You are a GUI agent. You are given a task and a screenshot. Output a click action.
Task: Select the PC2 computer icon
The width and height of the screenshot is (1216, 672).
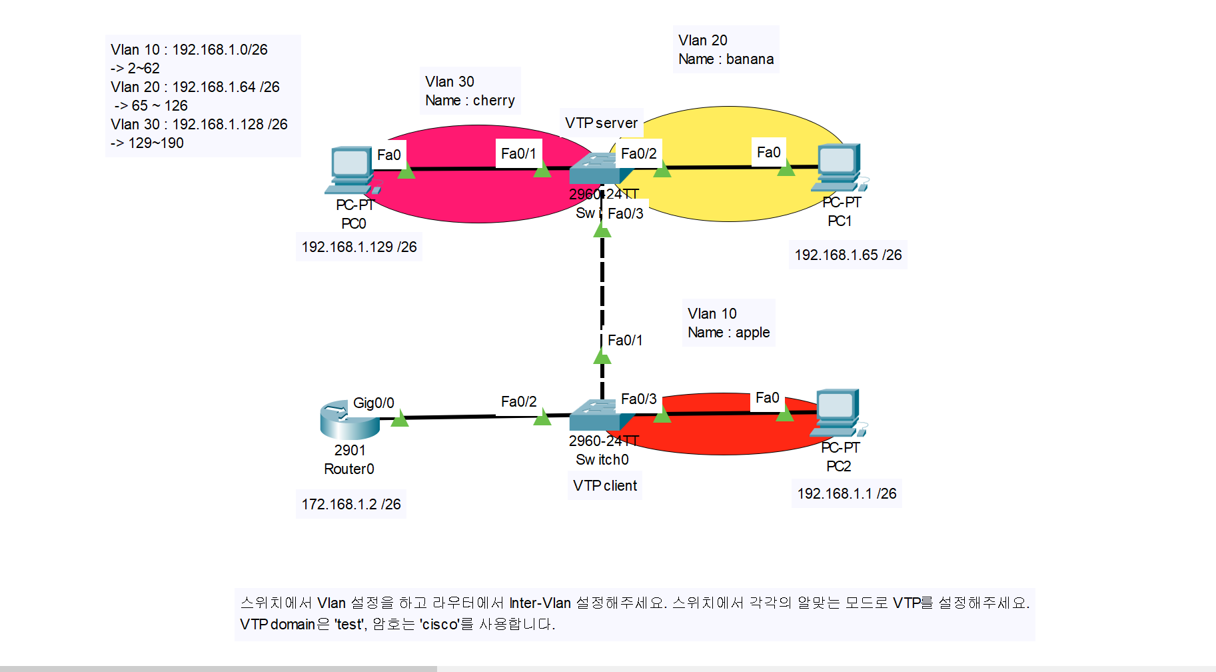tap(838, 412)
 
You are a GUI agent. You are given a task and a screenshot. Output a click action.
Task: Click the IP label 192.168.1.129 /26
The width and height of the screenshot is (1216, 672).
tap(358, 247)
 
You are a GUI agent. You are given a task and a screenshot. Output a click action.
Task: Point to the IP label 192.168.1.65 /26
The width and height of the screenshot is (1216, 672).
tap(848, 255)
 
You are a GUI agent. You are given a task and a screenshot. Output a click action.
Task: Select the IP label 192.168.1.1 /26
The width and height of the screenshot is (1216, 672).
tap(846, 494)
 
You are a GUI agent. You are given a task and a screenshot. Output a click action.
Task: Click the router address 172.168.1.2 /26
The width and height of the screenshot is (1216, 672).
tap(350, 505)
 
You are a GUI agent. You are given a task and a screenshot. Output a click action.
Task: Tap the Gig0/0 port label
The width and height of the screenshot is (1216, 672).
tap(373, 403)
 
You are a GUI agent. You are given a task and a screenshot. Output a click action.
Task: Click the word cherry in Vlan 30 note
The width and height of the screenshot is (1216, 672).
tap(494, 101)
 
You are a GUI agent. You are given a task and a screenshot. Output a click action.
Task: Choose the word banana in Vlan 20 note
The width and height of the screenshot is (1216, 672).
tap(750, 59)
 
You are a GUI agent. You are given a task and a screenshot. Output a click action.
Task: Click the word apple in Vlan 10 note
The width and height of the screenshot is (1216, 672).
tap(752, 333)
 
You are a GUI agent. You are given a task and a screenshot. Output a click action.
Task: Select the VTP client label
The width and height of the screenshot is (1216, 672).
tap(604, 486)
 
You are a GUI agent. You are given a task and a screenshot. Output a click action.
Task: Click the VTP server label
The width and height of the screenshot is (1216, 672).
tap(601, 123)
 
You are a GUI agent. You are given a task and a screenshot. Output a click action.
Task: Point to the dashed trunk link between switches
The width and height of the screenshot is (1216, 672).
tap(602, 287)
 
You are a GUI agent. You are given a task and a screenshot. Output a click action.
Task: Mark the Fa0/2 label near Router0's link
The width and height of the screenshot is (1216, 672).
tap(518, 402)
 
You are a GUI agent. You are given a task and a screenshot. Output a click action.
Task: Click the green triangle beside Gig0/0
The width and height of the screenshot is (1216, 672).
tap(399, 419)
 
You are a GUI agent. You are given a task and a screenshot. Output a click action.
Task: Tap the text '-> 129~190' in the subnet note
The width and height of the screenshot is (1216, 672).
tap(147, 143)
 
